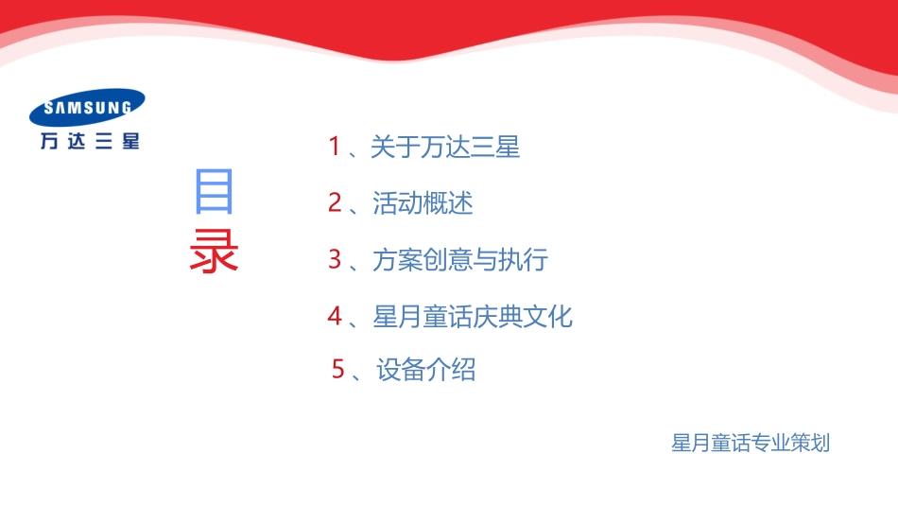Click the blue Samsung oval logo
[x=87, y=107]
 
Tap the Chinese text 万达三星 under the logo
[x=90, y=141]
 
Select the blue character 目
[x=214, y=191]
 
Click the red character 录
[x=214, y=251]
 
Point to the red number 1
[x=335, y=147]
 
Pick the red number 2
[x=335, y=202]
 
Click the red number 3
[x=335, y=259]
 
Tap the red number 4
[x=335, y=316]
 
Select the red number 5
[x=338, y=369]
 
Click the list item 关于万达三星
[x=445, y=147]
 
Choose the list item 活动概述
[x=423, y=202]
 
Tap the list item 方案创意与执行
[x=460, y=259]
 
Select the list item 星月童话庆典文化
[x=473, y=316]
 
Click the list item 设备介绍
[x=425, y=370]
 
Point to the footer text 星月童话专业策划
[x=751, y=443]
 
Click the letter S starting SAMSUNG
[x=48, y=109]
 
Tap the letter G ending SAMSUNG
[x=126, y=107]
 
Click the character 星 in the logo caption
[x=130, y=141]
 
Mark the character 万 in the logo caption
[x=49, y=141]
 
